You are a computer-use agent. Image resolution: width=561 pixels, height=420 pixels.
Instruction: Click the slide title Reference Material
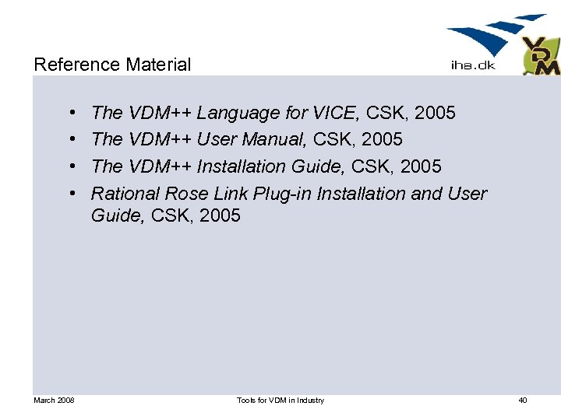pyautogui.click(x=112, y=65)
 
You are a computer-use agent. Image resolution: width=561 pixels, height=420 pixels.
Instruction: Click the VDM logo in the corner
pyautogui.click(x=540, y=56)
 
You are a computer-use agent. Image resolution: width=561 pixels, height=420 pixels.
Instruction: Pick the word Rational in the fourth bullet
pyautogui.click(x=126, y=193)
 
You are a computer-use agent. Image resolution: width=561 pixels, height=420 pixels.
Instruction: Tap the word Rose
pyautogui.click(x=186, y=193)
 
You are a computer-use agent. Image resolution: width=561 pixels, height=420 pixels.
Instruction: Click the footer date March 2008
pyautogui.click(x=54, y=401)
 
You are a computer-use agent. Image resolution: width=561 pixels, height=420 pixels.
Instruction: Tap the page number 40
pyautogui.click(x=522, y=401)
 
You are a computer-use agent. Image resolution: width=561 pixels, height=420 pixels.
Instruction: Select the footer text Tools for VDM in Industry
pyautogui.click(x=280, y=401)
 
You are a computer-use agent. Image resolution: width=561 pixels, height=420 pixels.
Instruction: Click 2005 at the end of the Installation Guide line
pyautogui.click(x=421, y=166)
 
